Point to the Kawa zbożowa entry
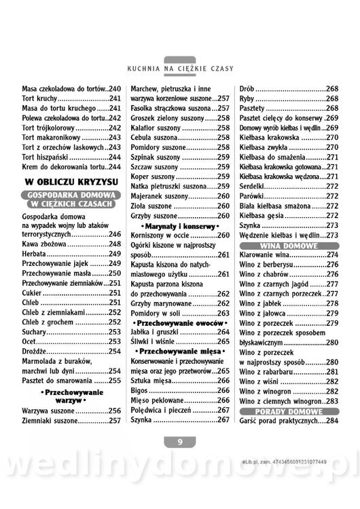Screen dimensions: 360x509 (71, 243)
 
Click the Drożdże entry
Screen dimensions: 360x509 (71, 352)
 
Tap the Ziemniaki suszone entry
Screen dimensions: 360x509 (71, 420)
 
